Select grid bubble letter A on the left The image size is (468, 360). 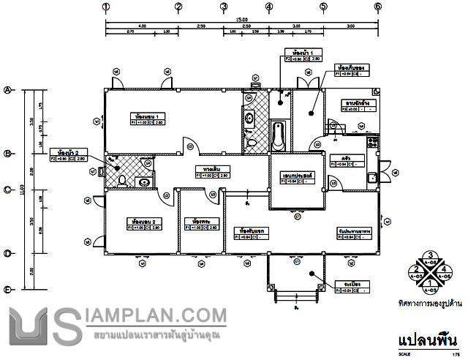coord(8,91)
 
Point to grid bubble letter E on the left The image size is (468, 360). coord(8,290)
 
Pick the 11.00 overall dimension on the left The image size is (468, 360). coord(23,190)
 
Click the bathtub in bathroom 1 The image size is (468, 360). coord(279,137)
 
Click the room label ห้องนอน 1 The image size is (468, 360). coord(148,116)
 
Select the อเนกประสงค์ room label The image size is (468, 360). coord(296,176)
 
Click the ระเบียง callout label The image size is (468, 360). coord(344,284)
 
